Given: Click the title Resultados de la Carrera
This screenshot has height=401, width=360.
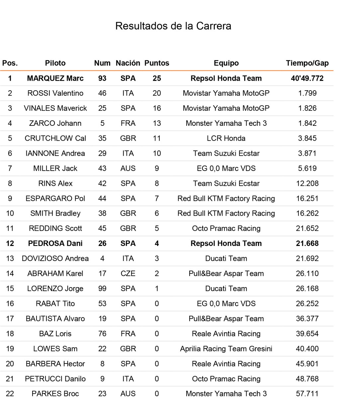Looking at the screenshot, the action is click(x=173, y=26).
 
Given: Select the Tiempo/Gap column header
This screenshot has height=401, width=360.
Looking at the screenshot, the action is click(x=307, y=63).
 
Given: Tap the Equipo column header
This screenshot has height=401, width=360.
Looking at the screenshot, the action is click(x=226, y=63).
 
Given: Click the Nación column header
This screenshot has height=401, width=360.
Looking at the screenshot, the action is click(x=128, y=63).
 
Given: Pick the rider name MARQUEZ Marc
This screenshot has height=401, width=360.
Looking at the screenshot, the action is click(x=55, y=78).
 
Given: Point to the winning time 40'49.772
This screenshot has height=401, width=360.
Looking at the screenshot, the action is click(x=307, y=78).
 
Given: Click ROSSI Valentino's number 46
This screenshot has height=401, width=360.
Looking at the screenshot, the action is click(x=102, y=93).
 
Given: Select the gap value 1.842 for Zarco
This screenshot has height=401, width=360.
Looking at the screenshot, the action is click(x=307, y=123).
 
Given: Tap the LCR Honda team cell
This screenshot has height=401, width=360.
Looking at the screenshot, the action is click(x=226, y=138).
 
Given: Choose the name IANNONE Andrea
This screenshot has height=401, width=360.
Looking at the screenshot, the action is click(x=55, y=153).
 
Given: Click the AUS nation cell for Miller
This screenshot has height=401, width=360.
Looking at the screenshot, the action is click(x=128, y=168).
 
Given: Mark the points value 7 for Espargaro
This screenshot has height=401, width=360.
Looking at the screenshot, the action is click(x=157, y=199).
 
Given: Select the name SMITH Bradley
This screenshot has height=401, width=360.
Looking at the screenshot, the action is click(x=55, y=213).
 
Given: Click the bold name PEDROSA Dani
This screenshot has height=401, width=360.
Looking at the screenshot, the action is click(x=55, y=243).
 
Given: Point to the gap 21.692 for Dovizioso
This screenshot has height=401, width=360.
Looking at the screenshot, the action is click(x=307, y=259).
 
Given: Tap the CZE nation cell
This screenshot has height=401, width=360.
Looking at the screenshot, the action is click(x=128, y=274).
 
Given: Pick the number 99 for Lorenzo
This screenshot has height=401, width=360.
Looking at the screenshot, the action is click(x=102, y=288).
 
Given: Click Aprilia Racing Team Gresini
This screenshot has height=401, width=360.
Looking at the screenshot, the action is click(x=226, y=349).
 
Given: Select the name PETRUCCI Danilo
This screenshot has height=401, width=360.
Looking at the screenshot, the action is click(x=55, y=379).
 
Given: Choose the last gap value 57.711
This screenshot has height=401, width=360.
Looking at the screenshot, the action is click(x=307, y=394).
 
